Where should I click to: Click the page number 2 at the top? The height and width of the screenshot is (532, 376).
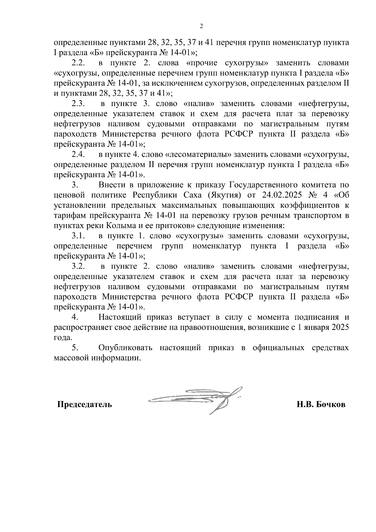pos(201,26)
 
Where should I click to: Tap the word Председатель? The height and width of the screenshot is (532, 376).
pos(85,404)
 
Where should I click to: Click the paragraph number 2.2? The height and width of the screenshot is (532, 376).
pos(78,63)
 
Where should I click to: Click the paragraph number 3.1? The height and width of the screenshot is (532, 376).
pos(78,236)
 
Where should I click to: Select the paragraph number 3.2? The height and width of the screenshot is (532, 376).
pos(78,266)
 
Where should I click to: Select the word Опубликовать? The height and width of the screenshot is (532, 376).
pos(125,348)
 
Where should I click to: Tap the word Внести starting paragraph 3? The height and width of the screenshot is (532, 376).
pos(112,185)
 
